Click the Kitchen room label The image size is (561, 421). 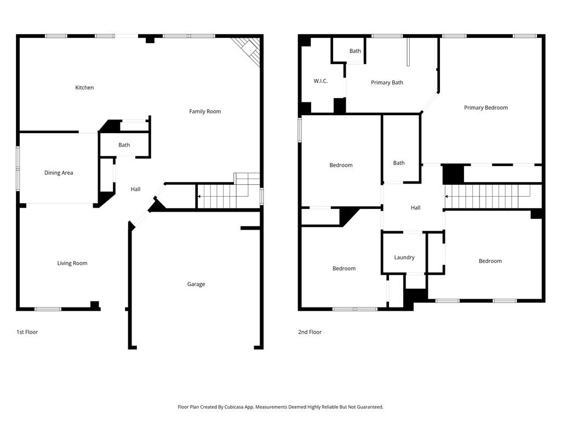pyautogui.click(x=84, y=88)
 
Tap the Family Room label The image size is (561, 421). pyautogui.click(x=205, y=112)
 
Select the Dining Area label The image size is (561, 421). pyautogui.click(x=59, y=173)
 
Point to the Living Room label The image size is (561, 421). pyautogui.click(x=72, y=264)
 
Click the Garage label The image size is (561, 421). pyautogui.click(x=196, y=285)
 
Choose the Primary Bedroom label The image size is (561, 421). pyautogui.click(x=485, y=108)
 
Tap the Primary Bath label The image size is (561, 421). pyautogui.click(x=387, y=83)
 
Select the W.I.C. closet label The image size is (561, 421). pyautogui.click(x=320, y=81)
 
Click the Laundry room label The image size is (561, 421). pyautogui.click(x=404, y=258)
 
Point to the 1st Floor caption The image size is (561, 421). pyautogui.click(x=27, y=332)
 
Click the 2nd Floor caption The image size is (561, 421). pyautogui.click(x=310, y=332)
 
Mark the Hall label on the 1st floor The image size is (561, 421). pyautogui.click(x=135, y=190)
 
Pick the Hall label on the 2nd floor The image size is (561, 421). pyautogui.click(x=415, y=208)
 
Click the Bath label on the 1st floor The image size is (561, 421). pyautogui.click(x=124, y=145)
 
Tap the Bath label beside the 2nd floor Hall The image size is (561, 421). pyautogui.click(x=399, y=163)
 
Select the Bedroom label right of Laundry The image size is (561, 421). pyautogui.click(x=490, y=261)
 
